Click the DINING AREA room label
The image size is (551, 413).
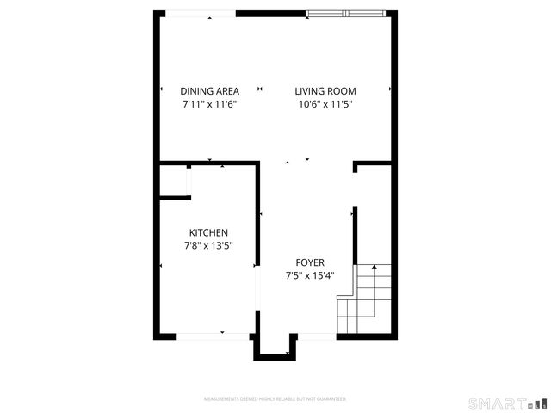[x=209, y=91]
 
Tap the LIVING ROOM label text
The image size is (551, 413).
[x=325, y=91]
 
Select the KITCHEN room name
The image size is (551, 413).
[x=208, y=233]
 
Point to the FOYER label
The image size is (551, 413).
[x=310, y=262]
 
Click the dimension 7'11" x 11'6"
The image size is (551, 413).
[x=209, y=104]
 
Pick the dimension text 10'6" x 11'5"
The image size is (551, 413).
[x=325, y=104]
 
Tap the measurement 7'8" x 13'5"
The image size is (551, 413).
[x=208, y=246]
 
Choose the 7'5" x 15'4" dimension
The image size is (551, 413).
[x=310, y=276]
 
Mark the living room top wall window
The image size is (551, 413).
[x=347, y=13]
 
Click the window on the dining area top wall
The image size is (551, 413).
[x=201, y=13]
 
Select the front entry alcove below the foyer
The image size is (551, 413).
[x=275, y=343]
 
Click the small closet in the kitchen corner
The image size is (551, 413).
[x=174, y=181]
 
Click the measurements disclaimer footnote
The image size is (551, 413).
[x=275, y=399]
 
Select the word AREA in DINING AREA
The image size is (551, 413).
[x=226, y=91]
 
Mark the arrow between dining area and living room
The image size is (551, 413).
[x=260, y=89]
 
